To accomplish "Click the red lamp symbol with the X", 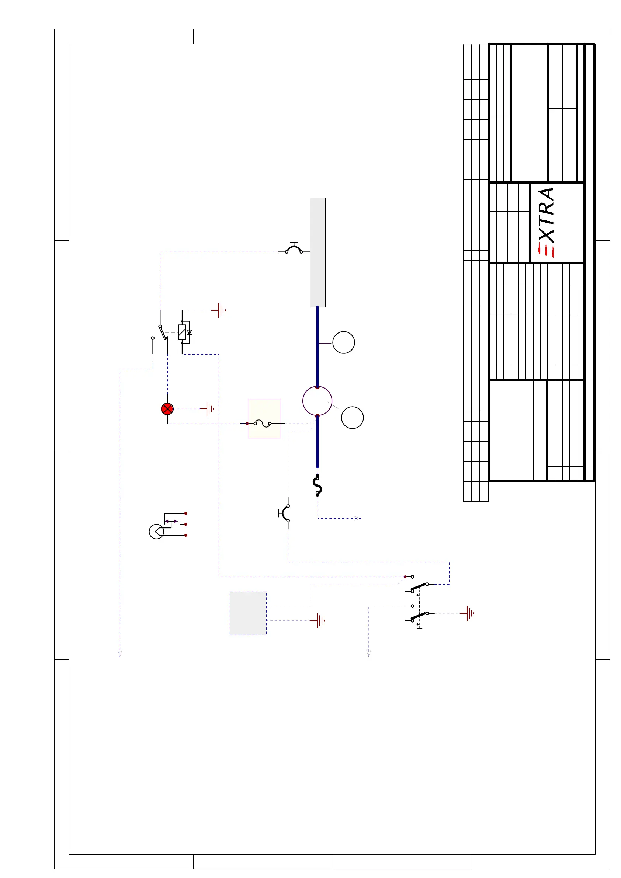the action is (x=167, y=409).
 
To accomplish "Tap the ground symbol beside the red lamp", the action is (x=208, y=409).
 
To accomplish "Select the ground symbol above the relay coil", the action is (x=220, y=310).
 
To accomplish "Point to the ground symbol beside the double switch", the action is (x=469, y=613).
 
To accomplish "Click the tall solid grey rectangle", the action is (x=318, y=252).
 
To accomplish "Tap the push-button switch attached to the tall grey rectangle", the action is (x=294, y=249).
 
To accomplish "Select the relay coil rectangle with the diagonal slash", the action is (x=182, y=332).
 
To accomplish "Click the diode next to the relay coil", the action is (x=189, y=332).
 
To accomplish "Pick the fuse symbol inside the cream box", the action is (x=263, y=423).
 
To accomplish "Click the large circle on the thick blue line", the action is (x=317, y=401).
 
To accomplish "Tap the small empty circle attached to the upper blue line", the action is (x=344, y=342).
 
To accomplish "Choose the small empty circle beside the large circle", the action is (x=353, y=418).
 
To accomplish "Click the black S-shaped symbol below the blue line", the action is (x=318, y=485).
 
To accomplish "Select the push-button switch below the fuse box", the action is (x=285, y=513).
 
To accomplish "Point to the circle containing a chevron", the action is (x=156, y=532).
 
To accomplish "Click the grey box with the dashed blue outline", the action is (x=248, y=613).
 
